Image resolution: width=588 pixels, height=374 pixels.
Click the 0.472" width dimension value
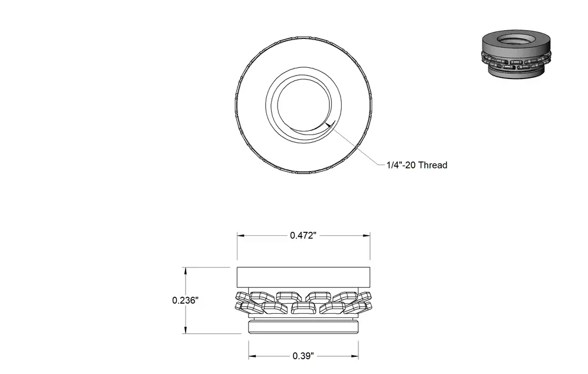(x=303, y=235)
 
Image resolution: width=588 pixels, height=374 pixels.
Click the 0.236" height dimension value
(x=185, y=300)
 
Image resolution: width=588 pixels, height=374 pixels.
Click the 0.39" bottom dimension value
(x=303, y=356)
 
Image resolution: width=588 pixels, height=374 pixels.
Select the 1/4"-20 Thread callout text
(x=417, y=165)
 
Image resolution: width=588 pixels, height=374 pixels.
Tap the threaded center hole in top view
(x=304, y=106)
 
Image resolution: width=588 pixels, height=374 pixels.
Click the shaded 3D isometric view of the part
(x=516, y=54)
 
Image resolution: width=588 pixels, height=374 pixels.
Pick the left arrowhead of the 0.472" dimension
(x=241, y=236)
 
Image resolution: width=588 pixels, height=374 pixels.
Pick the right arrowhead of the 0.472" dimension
(x=366, y=236)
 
